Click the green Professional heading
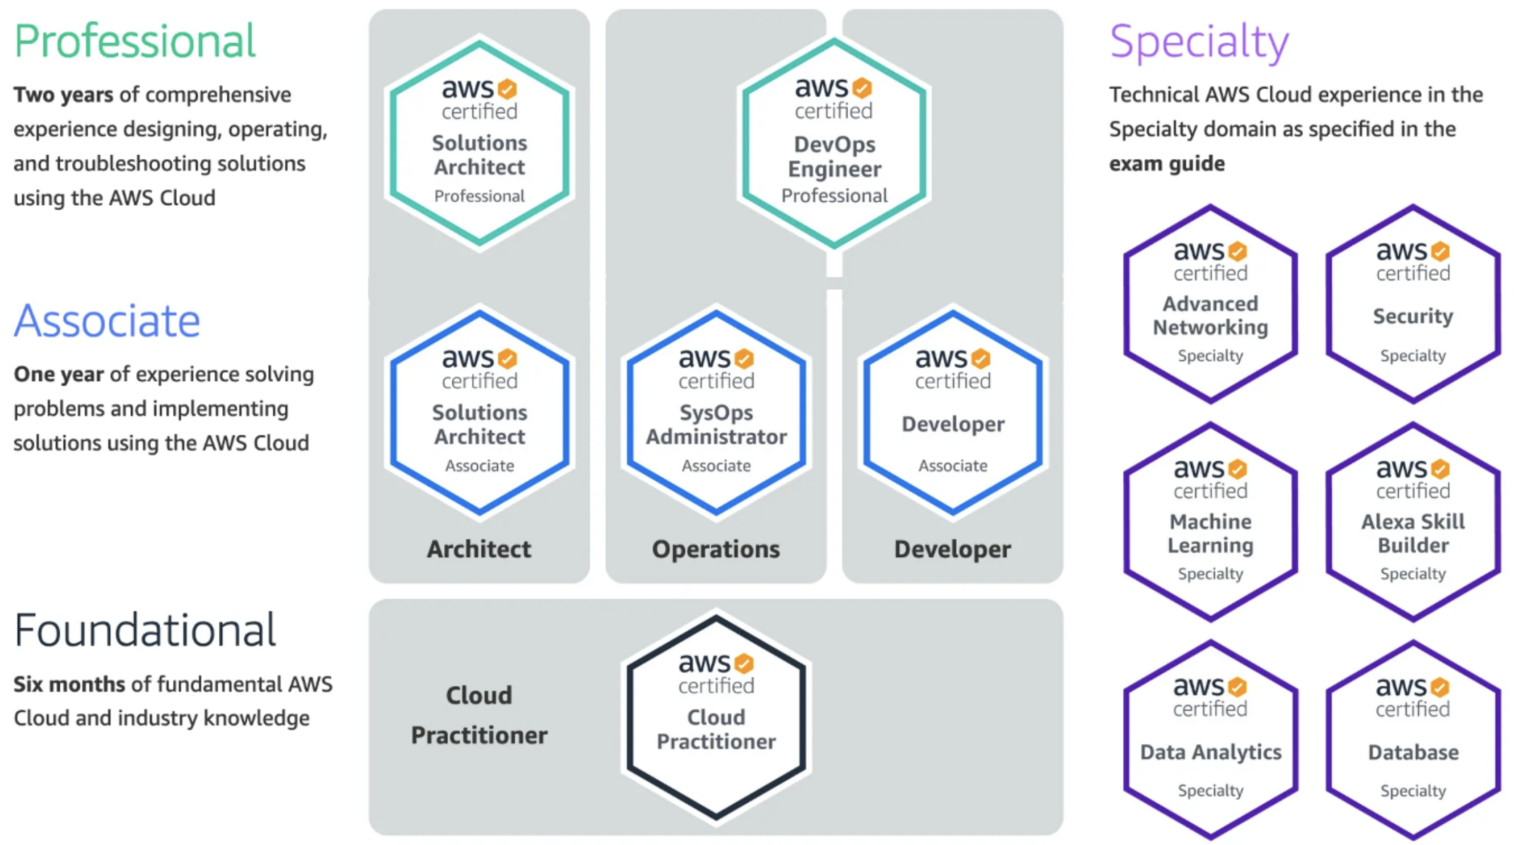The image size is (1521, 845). click(134, 41)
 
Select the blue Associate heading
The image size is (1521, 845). click(107, 322)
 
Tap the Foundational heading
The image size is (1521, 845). click(145, 631)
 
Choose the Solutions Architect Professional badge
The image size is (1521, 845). click(479, 142)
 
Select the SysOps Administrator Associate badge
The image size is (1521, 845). click(715, 412)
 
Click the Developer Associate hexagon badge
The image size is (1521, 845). click(953, 412)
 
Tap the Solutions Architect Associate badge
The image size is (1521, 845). click(479, 412)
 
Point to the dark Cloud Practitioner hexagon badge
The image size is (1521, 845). click(715, 716)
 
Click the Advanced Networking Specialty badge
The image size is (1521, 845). click(1210, 304)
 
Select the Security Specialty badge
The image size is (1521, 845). click(1413, 304)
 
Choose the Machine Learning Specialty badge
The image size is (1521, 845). click(1210, 522)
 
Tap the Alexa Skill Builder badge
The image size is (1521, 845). click(1413, 522)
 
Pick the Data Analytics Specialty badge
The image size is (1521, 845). click(1210, 739)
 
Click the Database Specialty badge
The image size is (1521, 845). click(1413, 739)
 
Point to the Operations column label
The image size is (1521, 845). click(715, 550)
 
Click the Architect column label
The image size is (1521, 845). click(479, 550)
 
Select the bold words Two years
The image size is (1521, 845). click(63, 95)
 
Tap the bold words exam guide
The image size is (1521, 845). click(1167, 164)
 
